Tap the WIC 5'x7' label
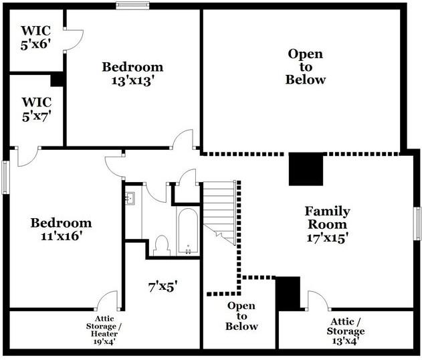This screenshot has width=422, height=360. click(36, 109)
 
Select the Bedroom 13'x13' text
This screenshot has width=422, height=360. click(132, 74)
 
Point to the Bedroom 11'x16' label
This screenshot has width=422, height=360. click(62, 230)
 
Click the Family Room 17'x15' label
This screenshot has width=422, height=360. click(327, 224)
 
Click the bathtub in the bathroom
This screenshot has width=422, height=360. click(188, 231)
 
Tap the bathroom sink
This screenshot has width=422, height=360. click(130, 198)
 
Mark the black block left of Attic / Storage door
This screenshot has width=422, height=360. click(288, 293)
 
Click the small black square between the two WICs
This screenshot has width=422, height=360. click(57, 79)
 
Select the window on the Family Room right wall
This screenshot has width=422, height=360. click(418, 228)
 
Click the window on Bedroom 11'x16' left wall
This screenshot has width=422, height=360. click(5, 177)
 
